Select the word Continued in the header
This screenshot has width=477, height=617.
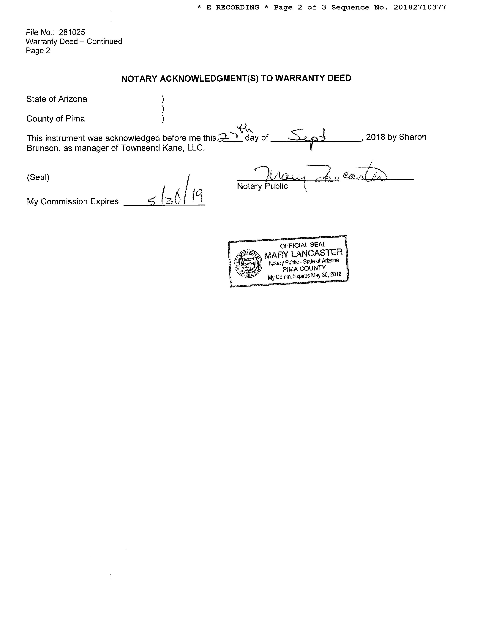104,42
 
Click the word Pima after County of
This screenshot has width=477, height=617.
75,119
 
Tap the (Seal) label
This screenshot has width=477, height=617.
38,177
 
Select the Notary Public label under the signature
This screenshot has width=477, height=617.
262,186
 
